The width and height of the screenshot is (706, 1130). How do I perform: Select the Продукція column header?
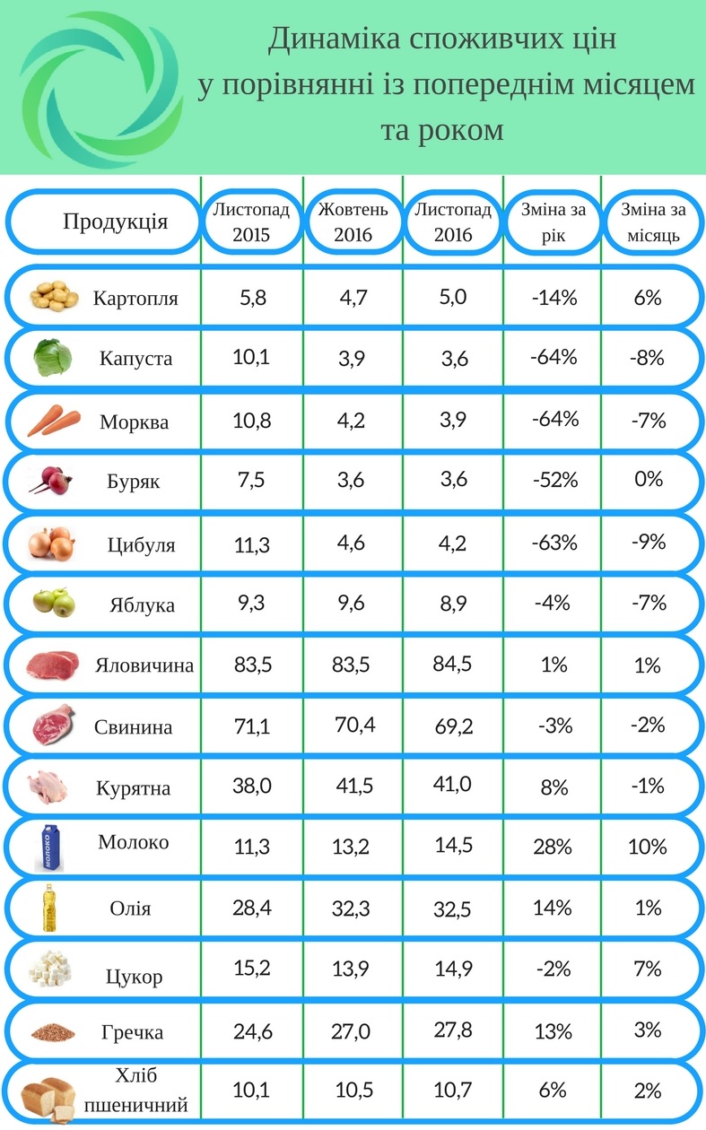(115, 222)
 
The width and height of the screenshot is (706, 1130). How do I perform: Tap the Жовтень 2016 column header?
(353, 222)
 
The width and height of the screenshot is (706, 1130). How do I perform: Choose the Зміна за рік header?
(553, 222)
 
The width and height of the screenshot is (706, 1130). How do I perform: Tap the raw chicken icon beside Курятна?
(50, 786)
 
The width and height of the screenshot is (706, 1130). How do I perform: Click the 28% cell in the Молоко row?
(553, 847)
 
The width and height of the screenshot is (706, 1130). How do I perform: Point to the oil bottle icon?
(48, 907)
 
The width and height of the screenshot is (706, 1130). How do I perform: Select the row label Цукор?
(135, 977)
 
